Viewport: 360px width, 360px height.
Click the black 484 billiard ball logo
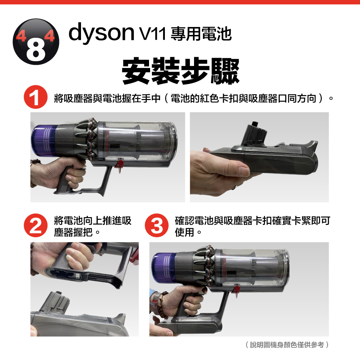point(36,41)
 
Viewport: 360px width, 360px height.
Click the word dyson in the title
point(101,33)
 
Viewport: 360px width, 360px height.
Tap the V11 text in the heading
point(153,33)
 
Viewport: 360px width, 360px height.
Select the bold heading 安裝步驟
point(180,71)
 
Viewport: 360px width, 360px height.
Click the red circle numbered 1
point(35,97)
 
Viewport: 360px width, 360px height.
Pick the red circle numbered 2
point(35,225)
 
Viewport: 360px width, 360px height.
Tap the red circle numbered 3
point(157,225)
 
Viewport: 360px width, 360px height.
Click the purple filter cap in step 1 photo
point(44,140)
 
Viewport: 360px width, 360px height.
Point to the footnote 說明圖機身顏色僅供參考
point(287,345)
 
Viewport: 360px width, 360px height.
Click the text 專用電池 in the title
point(201,34)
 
